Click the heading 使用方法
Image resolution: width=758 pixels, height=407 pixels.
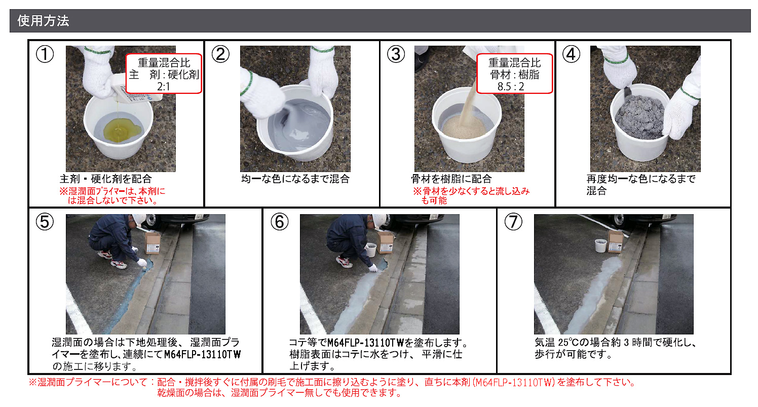(43, 21)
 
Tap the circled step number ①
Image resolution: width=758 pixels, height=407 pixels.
(45, 54)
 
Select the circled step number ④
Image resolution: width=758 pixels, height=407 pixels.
(571, 54)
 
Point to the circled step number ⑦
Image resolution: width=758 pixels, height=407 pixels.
(513, 222)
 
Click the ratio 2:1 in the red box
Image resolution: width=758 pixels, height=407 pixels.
(164, 87)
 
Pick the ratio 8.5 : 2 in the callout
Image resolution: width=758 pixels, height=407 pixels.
(511, 87)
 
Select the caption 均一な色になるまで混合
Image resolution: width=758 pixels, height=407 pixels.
(295, 179)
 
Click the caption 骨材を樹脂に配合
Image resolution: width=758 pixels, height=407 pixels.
(451, 179)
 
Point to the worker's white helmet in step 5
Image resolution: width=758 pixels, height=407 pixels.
(139, 220)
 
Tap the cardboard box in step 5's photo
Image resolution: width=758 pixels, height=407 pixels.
(153, 243)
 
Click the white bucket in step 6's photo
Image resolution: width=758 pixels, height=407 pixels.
(371, 250)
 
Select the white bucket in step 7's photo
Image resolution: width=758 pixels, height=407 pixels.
(601, 245)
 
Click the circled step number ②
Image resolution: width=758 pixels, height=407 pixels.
(220, 54)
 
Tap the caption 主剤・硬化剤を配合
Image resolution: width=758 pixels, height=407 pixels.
(105, 179)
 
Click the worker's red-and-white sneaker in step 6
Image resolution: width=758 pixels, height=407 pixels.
(345, 261)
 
